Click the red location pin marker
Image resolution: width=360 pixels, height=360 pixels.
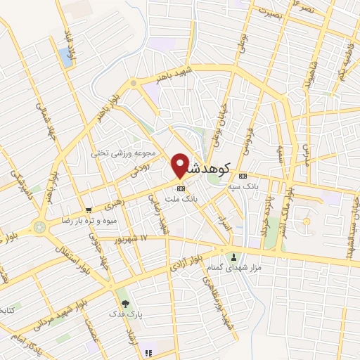180,165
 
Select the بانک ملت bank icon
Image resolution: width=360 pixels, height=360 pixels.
181,188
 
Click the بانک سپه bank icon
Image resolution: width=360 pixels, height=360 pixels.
243,176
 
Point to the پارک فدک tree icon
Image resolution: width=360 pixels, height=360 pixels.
125,304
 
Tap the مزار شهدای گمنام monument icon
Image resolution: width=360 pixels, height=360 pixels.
234,257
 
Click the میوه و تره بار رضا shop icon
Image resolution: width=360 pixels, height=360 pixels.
89,210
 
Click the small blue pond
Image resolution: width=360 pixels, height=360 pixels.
66,58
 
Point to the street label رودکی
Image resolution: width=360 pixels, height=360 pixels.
141,166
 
